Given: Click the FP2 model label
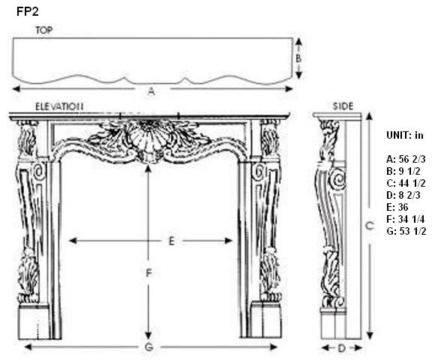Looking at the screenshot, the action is tap(27, 12).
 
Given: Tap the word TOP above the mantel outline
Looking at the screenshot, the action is tap(44, 30).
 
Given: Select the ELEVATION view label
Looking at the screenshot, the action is tap(59, 106).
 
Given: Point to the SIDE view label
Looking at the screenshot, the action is tap(343, 106).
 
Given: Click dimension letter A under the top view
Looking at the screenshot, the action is tap(151, 91).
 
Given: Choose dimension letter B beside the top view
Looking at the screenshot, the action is tap(298, 58).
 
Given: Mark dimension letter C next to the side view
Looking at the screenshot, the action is tap(370, 226).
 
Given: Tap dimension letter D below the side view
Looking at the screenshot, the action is tap(341, 348).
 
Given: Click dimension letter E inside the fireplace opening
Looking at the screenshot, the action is tap(171, 241).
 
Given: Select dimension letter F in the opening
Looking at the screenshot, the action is tap(148, 274).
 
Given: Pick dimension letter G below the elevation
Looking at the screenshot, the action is tap(148, 347).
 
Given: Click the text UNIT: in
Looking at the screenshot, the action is tap(405, 135).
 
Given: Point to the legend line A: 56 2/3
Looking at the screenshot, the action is tap(406, 159).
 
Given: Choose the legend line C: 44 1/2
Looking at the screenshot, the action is tap(406, 183).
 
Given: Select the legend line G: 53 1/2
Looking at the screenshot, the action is tap(406, 231).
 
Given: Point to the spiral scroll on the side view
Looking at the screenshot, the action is tap(337, 179).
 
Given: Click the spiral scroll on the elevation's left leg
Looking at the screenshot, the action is tap(39, 172).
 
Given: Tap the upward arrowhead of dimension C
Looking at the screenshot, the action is tap(370, 116).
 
